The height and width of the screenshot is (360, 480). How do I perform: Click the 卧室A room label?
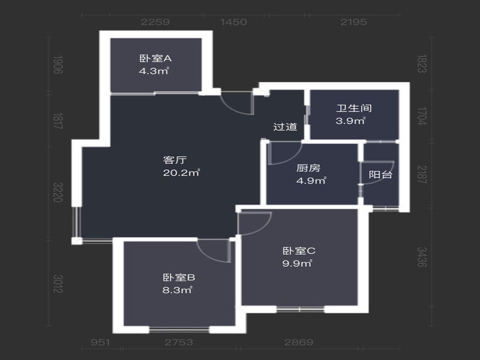point(155,58)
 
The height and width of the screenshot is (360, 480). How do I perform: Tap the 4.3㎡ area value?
point(154,71)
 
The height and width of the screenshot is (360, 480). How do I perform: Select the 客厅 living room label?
point(175,160)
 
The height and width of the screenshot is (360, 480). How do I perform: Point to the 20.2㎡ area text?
point(181,173)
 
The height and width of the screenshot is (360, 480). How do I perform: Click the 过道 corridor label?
point(285,127)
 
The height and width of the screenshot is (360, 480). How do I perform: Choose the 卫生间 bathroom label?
point(354,108)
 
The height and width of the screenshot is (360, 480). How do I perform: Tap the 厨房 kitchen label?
point(308,168)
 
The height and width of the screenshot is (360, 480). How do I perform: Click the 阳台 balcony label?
point(380,175)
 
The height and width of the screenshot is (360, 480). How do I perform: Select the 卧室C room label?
point(299,251)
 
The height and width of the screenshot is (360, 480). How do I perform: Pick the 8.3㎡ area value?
point(177,290)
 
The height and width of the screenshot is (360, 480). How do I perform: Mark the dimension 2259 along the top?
point(155,22)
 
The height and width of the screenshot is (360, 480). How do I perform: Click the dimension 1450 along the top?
point(233,22)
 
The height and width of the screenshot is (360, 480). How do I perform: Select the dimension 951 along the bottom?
point(100,342)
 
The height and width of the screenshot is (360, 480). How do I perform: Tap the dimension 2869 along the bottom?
point(298,342)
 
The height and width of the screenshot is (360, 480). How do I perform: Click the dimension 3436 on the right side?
point(422,257)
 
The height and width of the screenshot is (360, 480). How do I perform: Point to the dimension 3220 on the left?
point(58,192)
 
